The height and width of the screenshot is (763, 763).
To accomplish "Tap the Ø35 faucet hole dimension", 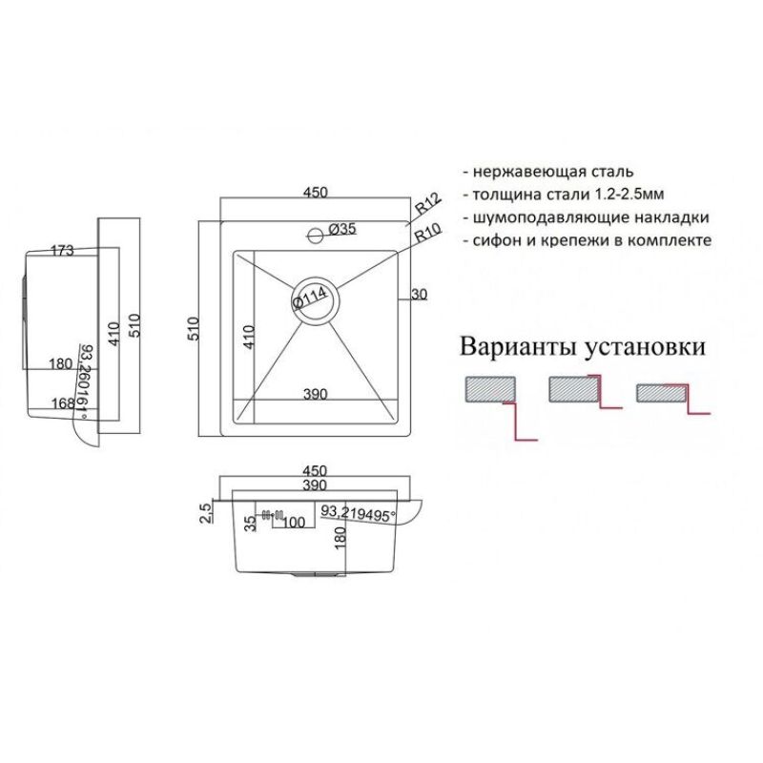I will pos(342,229).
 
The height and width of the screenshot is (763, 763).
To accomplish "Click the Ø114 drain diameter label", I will pos(312,299).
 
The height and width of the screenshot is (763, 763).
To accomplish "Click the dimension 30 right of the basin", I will pos(419,295).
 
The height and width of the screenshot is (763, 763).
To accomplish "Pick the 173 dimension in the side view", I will pos(61,252).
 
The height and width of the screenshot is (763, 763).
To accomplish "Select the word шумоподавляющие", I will pos(542,217).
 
